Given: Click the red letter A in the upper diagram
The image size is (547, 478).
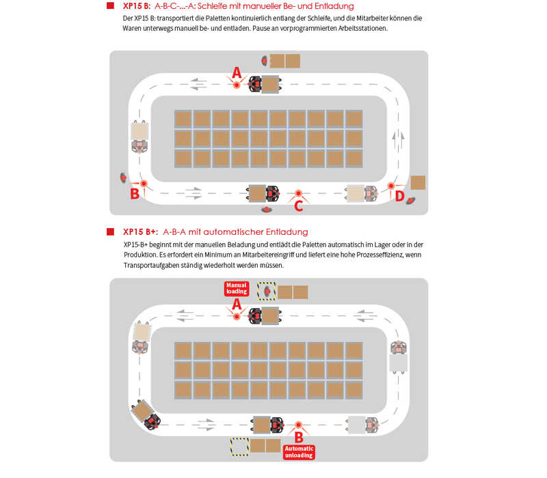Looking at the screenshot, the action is coord(237,73).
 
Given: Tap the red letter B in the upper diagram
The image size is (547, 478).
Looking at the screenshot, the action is coord(135,194).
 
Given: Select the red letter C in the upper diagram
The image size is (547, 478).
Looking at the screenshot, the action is coord(299,206).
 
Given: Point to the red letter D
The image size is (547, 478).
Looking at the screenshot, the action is coord(400,196).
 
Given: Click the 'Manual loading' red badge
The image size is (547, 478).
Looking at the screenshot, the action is coord(237,288).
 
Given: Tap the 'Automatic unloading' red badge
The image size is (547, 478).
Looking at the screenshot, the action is coord(299,452).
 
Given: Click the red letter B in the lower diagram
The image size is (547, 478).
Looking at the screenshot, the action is coord(299,437).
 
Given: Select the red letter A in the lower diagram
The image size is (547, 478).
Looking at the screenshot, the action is coord(237,305).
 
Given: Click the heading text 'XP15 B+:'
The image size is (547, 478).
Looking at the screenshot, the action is coord(141,232).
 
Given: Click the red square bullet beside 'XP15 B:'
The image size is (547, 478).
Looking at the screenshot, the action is coord(111,6).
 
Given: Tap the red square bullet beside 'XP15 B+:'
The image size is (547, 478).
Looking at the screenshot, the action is coord(111,232).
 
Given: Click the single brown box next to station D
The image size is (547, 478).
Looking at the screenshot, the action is coord(418,182).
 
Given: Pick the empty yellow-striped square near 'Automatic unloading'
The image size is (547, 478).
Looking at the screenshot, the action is coord(239,447).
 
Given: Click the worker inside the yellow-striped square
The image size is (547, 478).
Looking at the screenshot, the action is coord(267,291).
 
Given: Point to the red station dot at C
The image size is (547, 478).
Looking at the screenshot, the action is coord(298,193).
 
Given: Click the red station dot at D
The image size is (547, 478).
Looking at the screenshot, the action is coord(391,186).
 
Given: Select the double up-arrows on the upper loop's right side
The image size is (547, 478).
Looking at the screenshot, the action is coord(398,139).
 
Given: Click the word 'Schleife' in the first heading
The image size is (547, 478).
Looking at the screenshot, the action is coord(213,6).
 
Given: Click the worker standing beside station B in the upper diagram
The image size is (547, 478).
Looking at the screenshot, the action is coord(123,178).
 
